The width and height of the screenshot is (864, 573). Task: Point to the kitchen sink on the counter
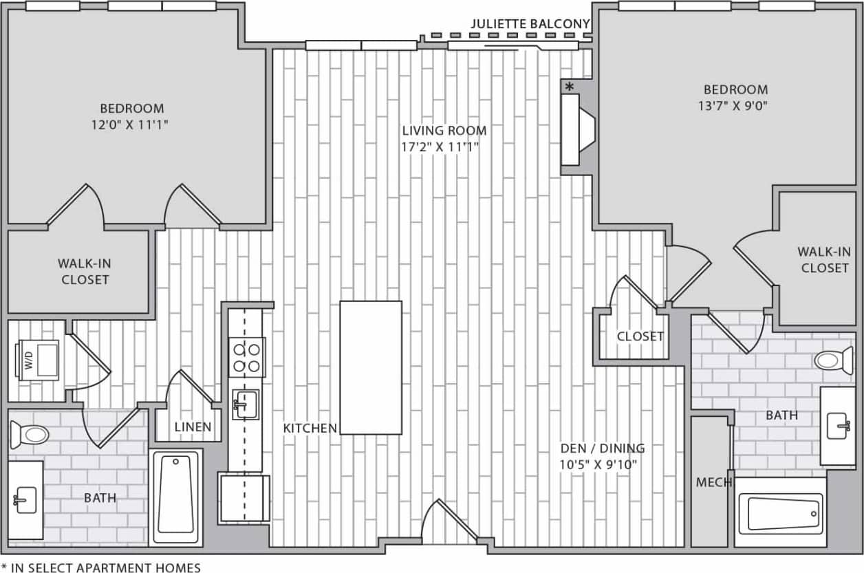(245, 403)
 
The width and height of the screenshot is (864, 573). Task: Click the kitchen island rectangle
(371, 367)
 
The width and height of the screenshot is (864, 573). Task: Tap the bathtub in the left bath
(176, 495)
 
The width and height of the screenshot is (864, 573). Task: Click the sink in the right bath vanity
(838, 426)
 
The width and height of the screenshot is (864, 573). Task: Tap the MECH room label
(713, 482)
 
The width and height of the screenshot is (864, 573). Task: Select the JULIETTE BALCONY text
(530, 24)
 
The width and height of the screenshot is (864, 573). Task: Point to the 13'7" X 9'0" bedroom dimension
(735, 106)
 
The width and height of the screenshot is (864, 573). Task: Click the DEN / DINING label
(602, 448)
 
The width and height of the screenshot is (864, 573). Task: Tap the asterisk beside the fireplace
(570, 87)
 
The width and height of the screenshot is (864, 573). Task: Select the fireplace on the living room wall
(576, 129)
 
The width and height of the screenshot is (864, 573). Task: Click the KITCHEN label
(310, 428)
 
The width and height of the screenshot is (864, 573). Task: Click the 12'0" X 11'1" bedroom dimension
(131, 125)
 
